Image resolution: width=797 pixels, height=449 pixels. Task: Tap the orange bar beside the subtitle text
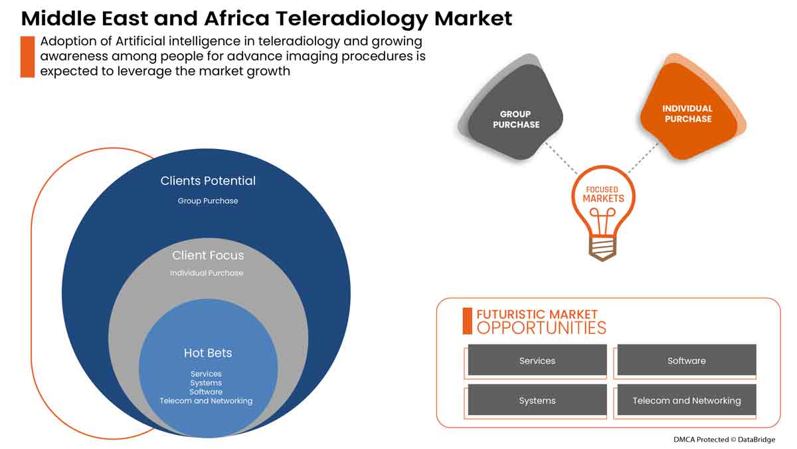coord(27,57)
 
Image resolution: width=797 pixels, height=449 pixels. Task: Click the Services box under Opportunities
coord(537,361)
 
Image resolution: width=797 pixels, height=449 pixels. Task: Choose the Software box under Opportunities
coord(687,361)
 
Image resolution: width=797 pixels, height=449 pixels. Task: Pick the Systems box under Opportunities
coord(537,400)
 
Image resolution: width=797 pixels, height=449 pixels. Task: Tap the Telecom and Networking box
coord(687,400)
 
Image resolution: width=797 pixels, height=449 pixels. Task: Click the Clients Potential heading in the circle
coord(208,180)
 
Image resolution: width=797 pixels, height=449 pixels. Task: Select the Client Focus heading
coord(208,255)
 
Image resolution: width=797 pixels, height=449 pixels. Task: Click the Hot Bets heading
coord(208,353)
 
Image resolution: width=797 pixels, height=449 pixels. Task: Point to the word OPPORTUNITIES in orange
coord(541,328)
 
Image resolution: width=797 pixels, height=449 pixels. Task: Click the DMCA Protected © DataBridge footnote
coord(723,439)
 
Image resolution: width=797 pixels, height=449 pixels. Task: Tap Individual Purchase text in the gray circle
coord(207,273)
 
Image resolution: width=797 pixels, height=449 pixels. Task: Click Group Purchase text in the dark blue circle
coord(208,200)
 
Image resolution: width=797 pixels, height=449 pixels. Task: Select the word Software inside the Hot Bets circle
coord(206,392)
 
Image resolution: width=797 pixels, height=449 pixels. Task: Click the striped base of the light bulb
coord(603,249)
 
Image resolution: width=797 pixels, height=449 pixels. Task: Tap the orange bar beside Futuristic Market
coord(467,321)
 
